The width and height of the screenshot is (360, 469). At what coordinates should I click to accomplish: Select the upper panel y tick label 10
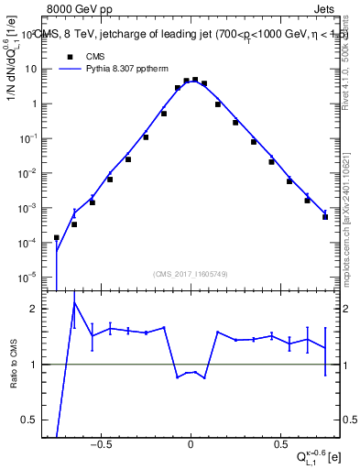coord(30,69)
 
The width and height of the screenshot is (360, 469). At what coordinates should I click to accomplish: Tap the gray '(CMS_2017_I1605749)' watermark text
coord(191,274)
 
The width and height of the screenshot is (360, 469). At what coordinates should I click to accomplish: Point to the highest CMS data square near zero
coord(195,80)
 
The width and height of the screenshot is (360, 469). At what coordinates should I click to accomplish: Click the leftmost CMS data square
coord(57,237)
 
